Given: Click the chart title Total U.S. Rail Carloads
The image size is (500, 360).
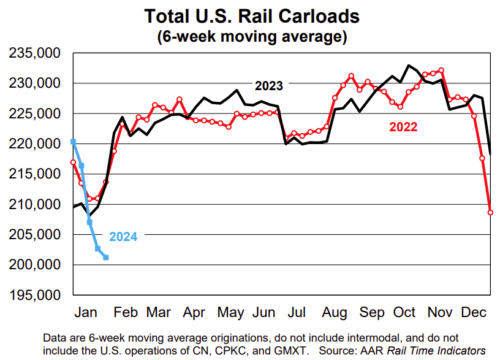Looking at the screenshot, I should pos(251,15).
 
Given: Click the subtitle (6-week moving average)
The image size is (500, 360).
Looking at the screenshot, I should pos(251,36).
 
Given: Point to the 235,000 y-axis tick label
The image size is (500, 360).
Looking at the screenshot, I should pos(34,53).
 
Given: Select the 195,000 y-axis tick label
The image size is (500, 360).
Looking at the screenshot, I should pos(34,295).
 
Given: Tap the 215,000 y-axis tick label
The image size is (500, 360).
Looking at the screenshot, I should pos(34,174).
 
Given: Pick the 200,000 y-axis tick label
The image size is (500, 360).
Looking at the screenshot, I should pos(34,265).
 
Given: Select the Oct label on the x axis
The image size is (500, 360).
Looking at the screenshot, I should pos(405,313).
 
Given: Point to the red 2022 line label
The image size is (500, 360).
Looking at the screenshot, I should pos(403,128).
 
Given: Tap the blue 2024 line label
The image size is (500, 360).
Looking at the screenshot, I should pos(123,236).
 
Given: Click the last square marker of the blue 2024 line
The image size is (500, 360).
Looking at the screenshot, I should pos(106,258).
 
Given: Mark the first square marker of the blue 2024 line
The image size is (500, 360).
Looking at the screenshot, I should pos(74,142).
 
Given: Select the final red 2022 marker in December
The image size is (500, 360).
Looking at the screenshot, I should pos(490,212).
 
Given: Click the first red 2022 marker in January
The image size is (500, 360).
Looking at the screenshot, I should pos(74,163).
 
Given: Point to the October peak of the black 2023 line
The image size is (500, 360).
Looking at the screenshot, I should pos(409,65).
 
